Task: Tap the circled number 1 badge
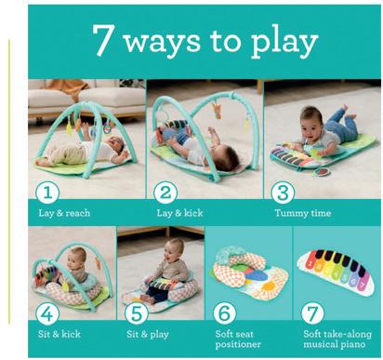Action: pos(47,193)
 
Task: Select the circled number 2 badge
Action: pos(165,193)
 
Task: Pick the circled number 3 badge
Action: pos(283,193)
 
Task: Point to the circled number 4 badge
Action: pos(47,313)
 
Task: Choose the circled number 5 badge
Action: pos(137,313)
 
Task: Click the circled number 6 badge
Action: pos(225,313)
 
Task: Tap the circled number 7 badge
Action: pos(312,313)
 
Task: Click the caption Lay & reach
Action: pos(64,213)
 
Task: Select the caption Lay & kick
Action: pos(179,213)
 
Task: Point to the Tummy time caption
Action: pos(303,213)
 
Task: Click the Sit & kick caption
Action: pos(59,334)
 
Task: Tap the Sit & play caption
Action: pos(148,334)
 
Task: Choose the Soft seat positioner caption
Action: pos(238,340)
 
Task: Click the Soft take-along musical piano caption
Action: pos(337,340)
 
